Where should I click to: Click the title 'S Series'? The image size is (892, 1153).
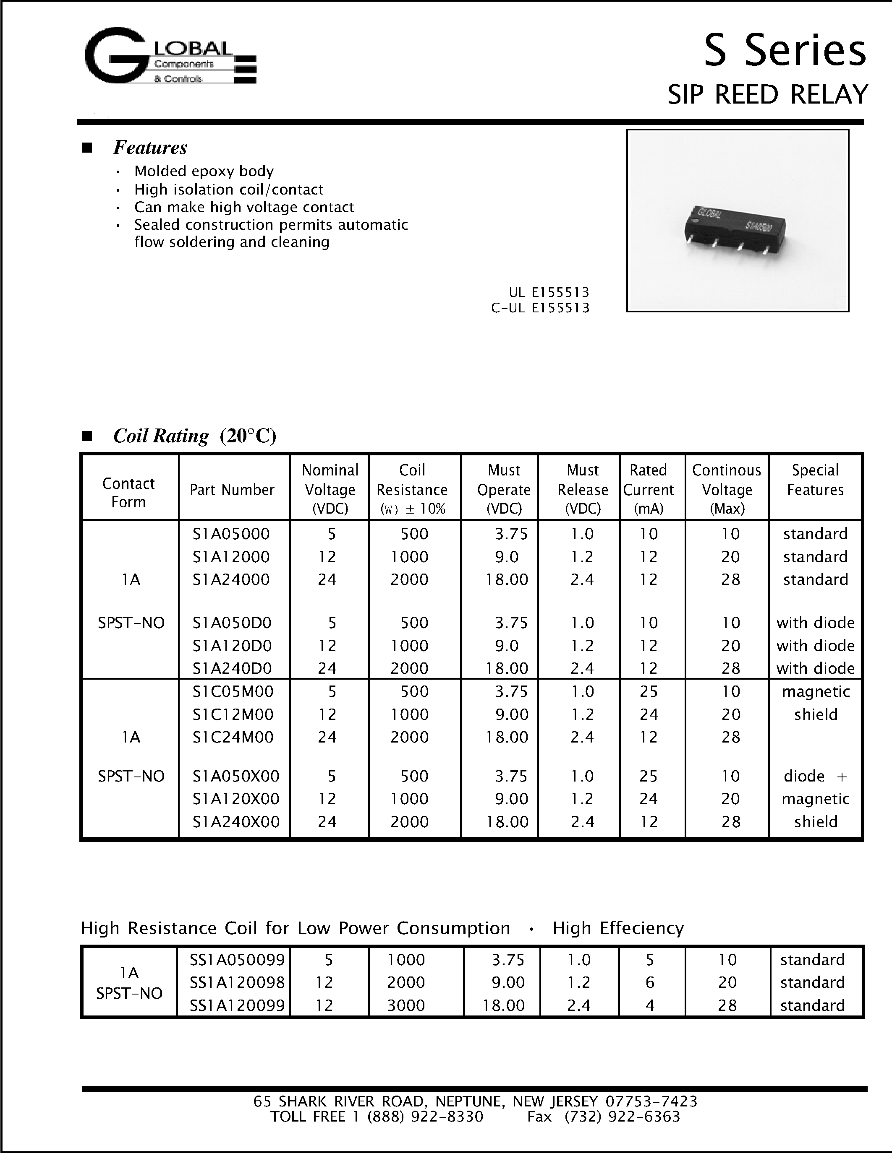click(784, 51)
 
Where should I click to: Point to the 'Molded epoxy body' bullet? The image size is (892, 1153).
click(204, 171)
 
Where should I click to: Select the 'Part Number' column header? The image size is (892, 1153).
click(232, 490)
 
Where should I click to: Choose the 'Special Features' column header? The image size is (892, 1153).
click(815, 480)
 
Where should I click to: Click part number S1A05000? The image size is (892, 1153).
click(231, 534)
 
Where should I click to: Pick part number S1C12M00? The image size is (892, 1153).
click(233, 714)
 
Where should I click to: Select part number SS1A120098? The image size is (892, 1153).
click(237, 982)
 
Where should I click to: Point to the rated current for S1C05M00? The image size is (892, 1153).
click(649, 691)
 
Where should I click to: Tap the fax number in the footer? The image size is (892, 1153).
click(622, 1117)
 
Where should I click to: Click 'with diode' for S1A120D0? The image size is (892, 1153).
click(815, 646)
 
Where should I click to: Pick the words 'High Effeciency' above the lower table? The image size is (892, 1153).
click(618, 928)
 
